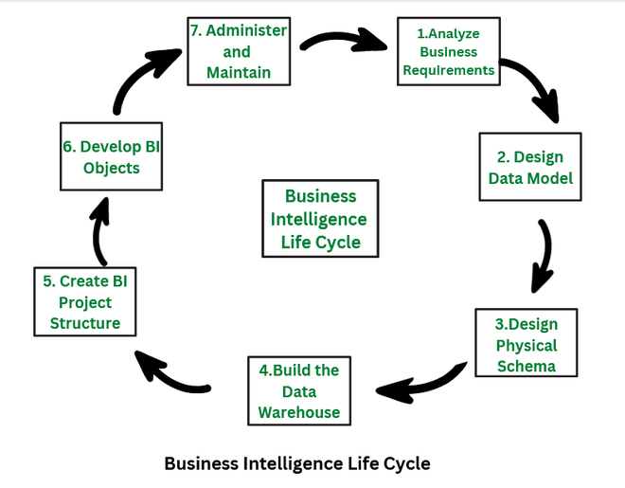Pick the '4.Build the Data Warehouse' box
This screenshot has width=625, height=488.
[298, 391]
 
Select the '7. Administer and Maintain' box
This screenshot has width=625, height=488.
[236, 51]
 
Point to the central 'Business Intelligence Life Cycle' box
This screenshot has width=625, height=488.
[320, 219]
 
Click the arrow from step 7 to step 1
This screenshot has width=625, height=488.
[344, 41]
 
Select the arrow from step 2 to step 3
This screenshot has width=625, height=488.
[543, 256]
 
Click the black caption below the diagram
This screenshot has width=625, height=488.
[296, 463]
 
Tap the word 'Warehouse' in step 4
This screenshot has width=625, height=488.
[299, 413]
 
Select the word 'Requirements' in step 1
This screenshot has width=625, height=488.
[449, 69]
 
